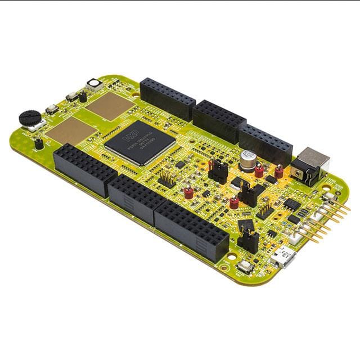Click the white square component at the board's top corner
point(93,85)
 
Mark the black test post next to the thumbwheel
point(39,143)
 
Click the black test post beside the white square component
point(83,96)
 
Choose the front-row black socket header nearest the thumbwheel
point(84,167)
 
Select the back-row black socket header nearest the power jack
point(265,144)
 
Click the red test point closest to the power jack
point(279,171)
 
